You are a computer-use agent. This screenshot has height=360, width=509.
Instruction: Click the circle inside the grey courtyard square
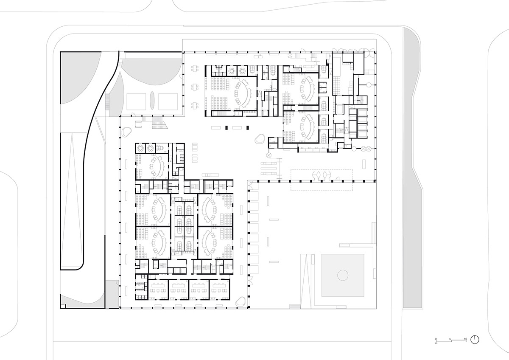click(342, 276)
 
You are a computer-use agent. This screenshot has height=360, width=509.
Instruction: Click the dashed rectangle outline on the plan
click(321, 180)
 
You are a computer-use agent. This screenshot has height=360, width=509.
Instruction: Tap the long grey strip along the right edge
click(411, 170)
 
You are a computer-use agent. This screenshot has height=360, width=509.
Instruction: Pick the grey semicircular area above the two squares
click(151, 72)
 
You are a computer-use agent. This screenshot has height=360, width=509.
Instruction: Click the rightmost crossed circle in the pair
click(368, 149)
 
